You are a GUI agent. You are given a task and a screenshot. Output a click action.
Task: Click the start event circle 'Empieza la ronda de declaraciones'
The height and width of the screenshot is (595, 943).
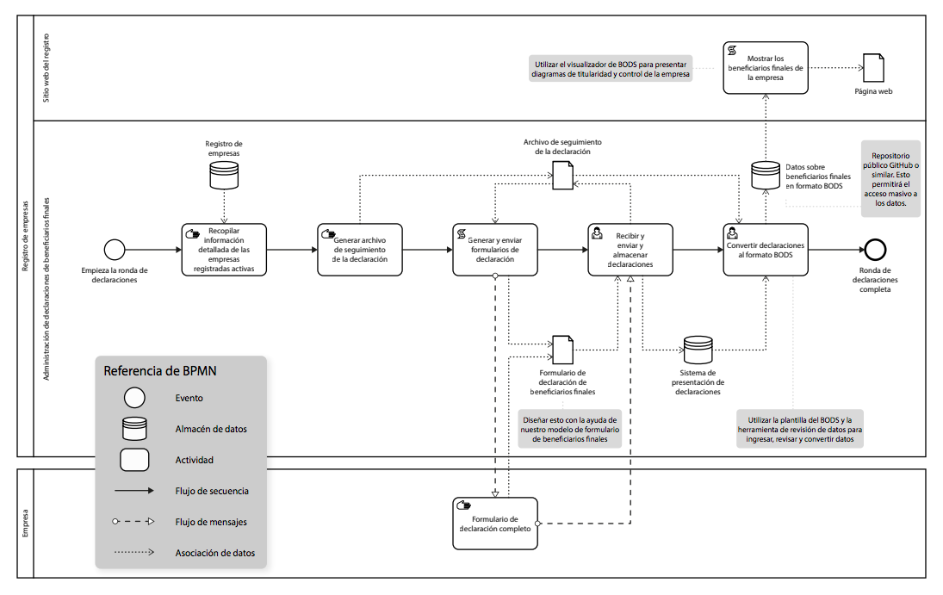tap(115, 250)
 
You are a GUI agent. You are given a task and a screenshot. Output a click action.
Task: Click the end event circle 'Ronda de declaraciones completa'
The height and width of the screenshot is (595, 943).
tap(876, 250)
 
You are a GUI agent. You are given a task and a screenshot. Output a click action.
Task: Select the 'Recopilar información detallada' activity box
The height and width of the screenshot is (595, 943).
tap(224, 250)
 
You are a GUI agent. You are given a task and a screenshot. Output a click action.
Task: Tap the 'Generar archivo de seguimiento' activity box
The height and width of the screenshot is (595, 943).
tap(359, 250)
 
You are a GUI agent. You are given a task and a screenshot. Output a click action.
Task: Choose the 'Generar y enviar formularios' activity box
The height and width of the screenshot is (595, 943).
tap(495, 250)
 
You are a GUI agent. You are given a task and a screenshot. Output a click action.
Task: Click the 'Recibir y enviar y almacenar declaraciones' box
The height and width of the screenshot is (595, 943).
tap(630, 250)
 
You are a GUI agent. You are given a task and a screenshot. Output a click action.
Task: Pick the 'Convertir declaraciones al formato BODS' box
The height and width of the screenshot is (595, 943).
tap(766, 250)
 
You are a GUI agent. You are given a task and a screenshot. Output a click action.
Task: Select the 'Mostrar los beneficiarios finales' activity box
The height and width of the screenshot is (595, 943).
tap(766, 67)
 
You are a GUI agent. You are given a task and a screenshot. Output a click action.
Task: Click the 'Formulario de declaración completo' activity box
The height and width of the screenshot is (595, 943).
tap(495, 524)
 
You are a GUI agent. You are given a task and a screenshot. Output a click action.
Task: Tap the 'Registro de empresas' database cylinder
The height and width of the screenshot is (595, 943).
tap(224, 174)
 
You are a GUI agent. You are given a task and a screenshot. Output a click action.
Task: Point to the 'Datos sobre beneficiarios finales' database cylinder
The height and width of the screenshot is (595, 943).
tap(766, 174)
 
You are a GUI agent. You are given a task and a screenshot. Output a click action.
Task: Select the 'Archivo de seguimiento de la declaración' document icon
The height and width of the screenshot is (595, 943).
tap(562, 175)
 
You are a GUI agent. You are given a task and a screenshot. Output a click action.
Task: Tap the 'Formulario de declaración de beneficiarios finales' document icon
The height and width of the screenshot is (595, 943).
tap(562, 349)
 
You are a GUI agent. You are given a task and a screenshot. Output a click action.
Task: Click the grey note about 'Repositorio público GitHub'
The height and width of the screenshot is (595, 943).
tap(890, 179)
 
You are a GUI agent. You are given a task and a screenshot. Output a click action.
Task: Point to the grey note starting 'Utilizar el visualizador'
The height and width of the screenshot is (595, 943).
tap(612, 69)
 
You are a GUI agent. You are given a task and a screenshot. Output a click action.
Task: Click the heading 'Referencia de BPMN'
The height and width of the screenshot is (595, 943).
tap(160, 371)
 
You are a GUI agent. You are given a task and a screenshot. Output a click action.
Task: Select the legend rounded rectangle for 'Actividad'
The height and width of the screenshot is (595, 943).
tap(135, 460)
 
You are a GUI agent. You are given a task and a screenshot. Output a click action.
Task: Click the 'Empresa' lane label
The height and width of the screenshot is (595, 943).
tap(25, 523)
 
